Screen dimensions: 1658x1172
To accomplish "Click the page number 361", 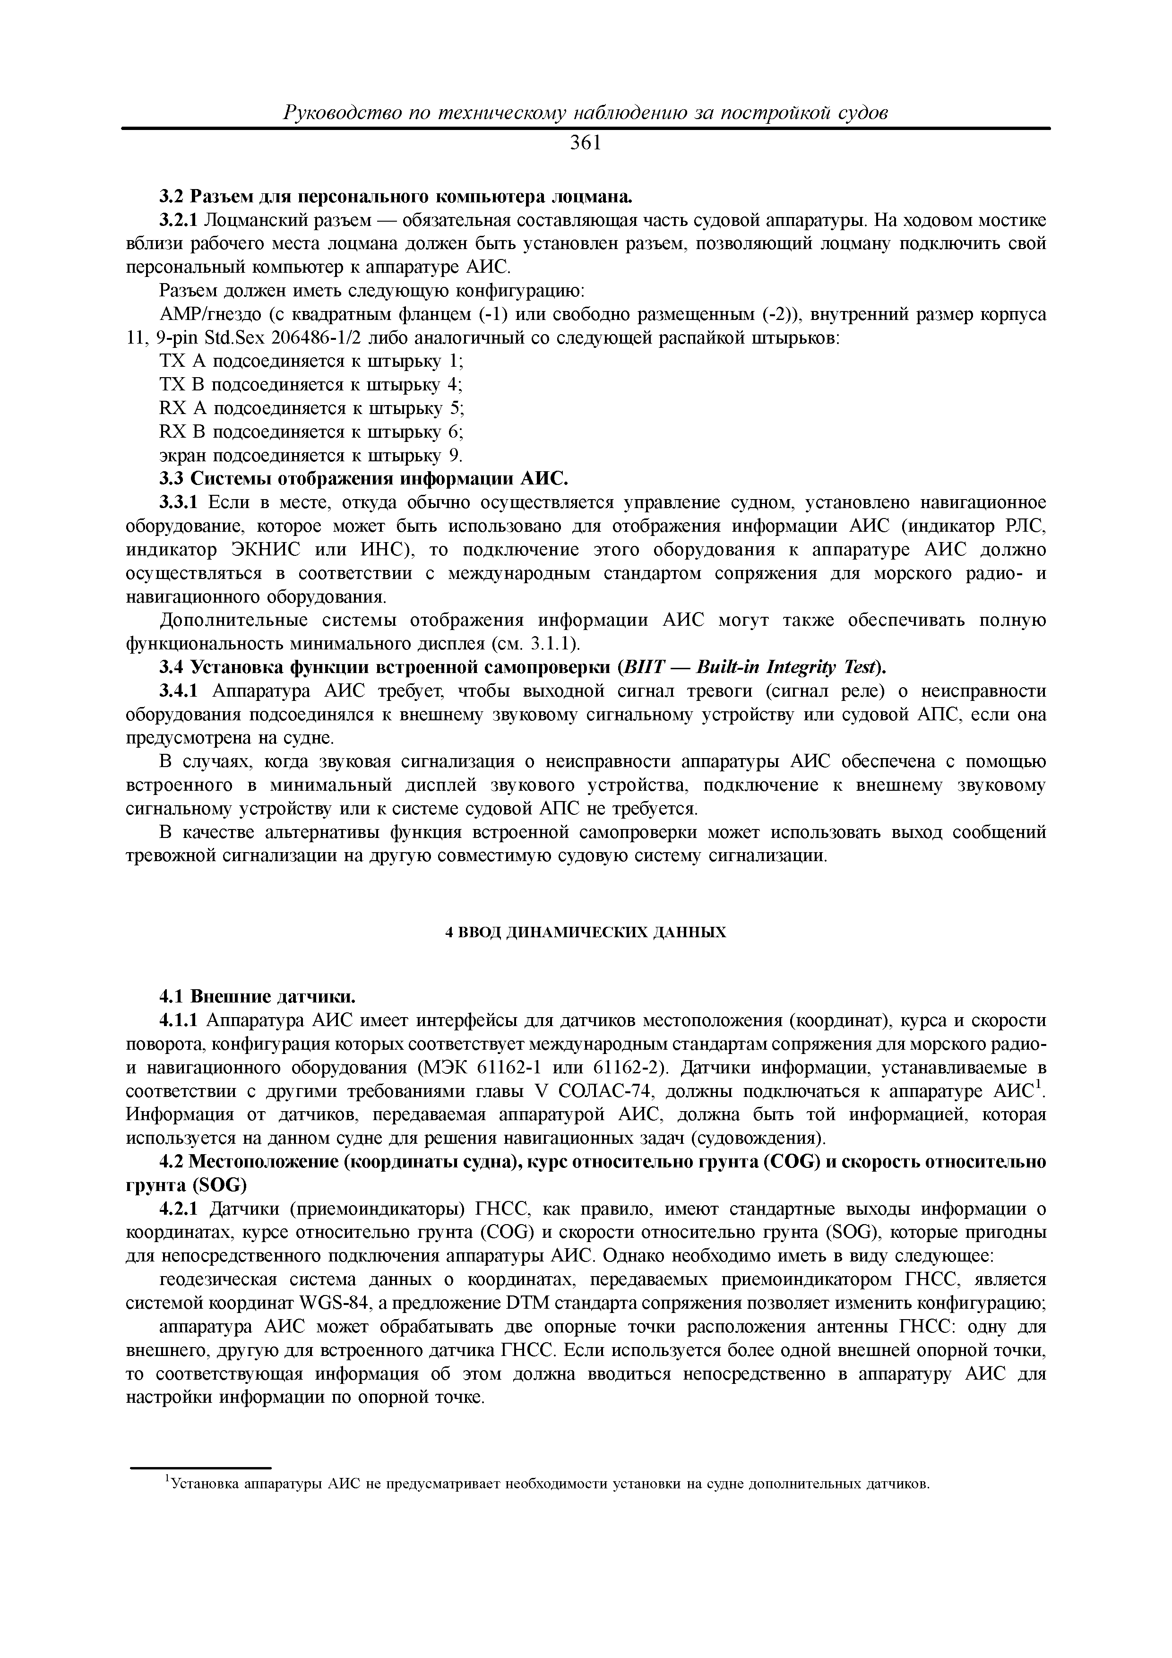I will pyautogui.click(x=586, y=144).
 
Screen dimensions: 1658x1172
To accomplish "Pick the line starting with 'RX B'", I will pyautogui.click(x=310, y=432).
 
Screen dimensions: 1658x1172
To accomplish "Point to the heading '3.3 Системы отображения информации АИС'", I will pyautogui.click(x=364, y=479).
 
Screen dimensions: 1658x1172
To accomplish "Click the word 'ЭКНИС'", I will pyautogui.click(x=265, y=550).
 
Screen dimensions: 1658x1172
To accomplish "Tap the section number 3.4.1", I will pyautogui.click(x=179, y=691).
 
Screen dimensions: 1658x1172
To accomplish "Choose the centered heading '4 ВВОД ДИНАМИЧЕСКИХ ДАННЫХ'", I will pyautogui.click(x=586, y=932).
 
